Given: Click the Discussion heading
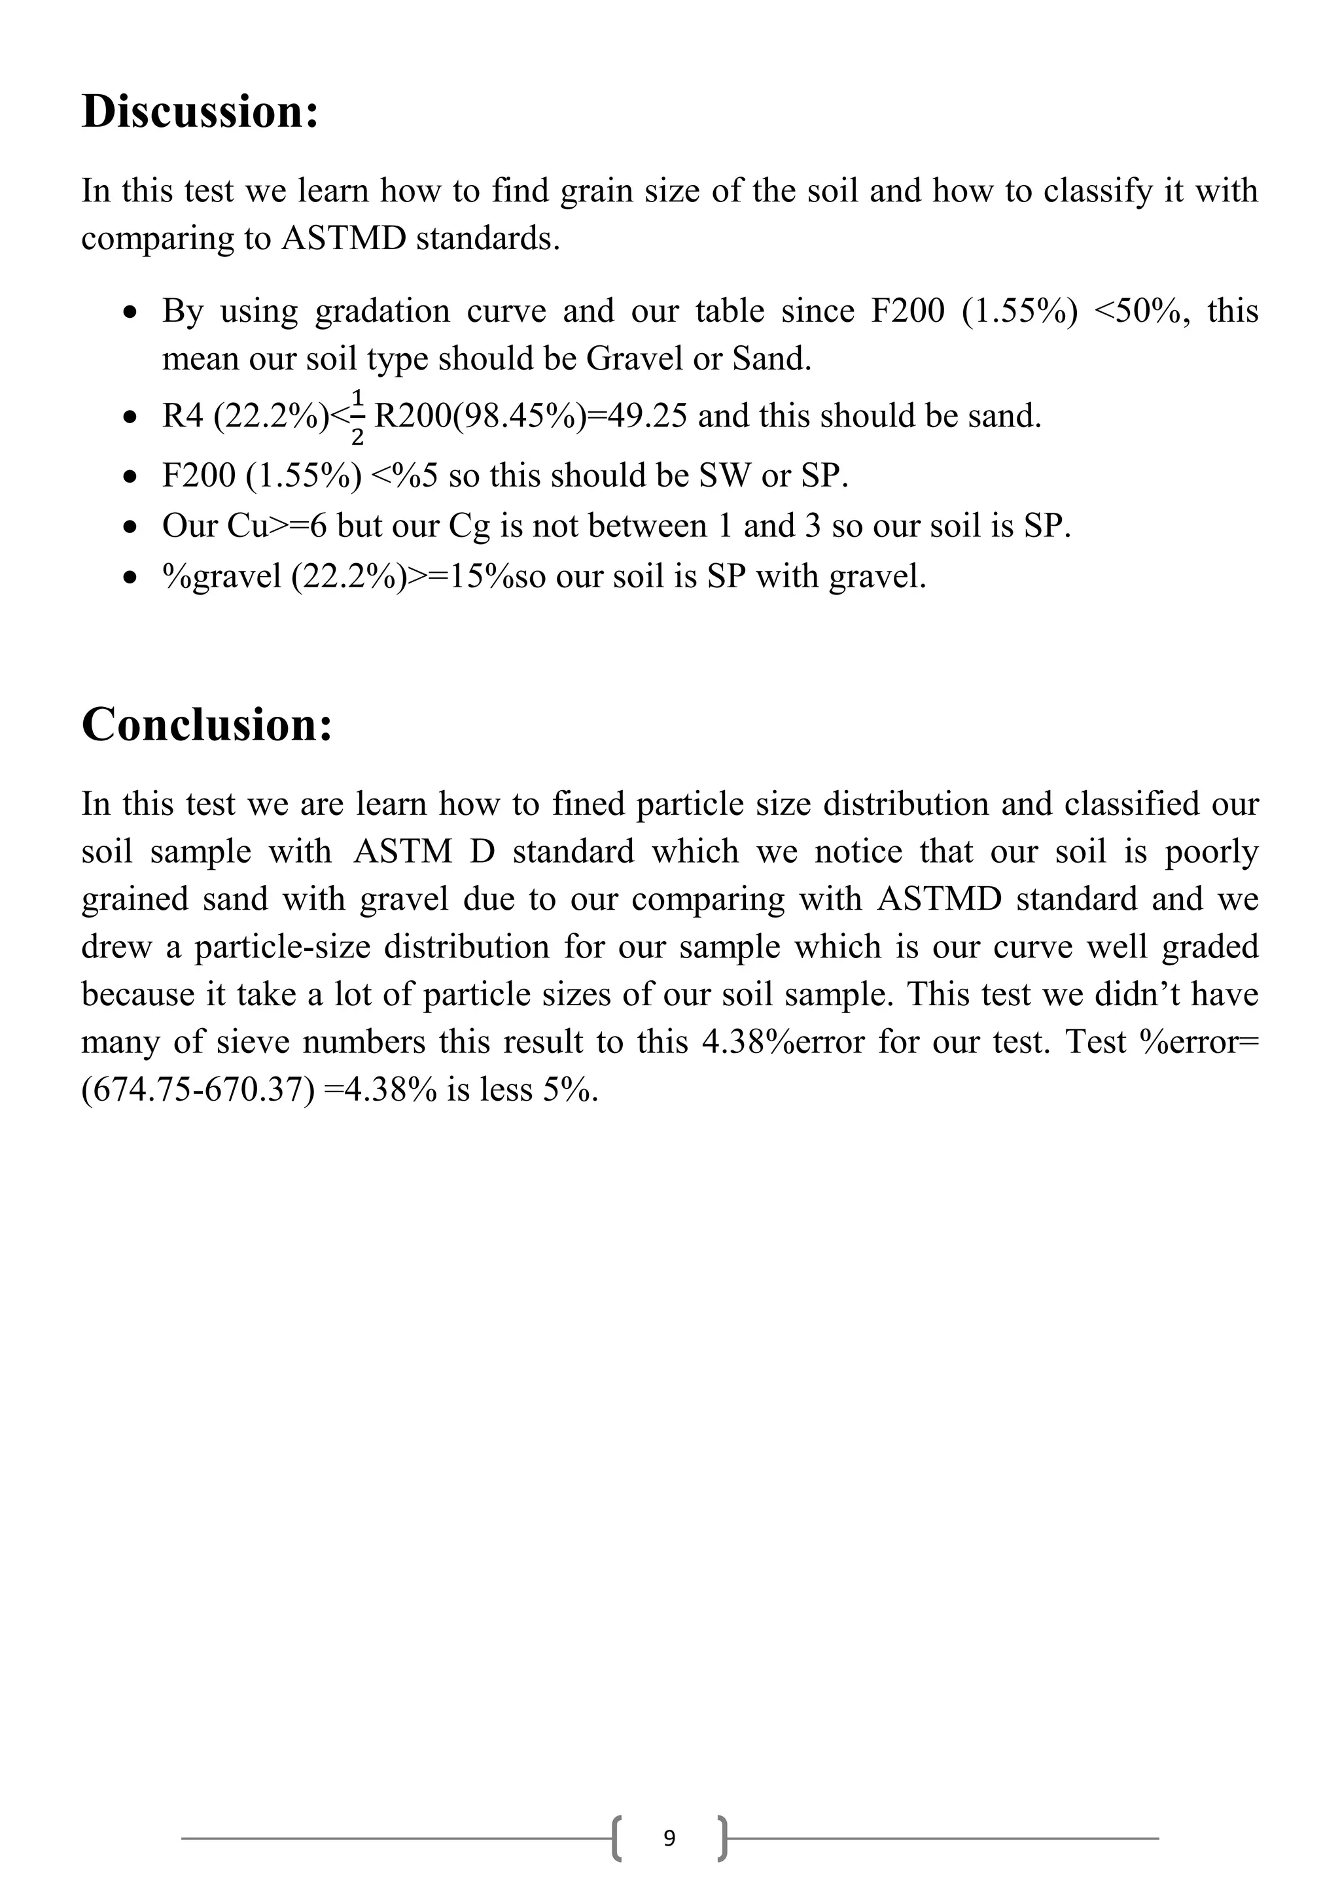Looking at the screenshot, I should [x=200, y=111].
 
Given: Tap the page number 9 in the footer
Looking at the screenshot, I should [x=669, y=1837].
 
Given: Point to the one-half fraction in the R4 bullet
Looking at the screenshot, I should [x=357, y=417].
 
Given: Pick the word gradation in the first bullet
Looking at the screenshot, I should [x=381, y=311].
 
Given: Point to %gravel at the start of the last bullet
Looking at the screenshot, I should [x=221, y=576].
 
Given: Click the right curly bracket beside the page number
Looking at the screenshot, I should [x=723, y=1837].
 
